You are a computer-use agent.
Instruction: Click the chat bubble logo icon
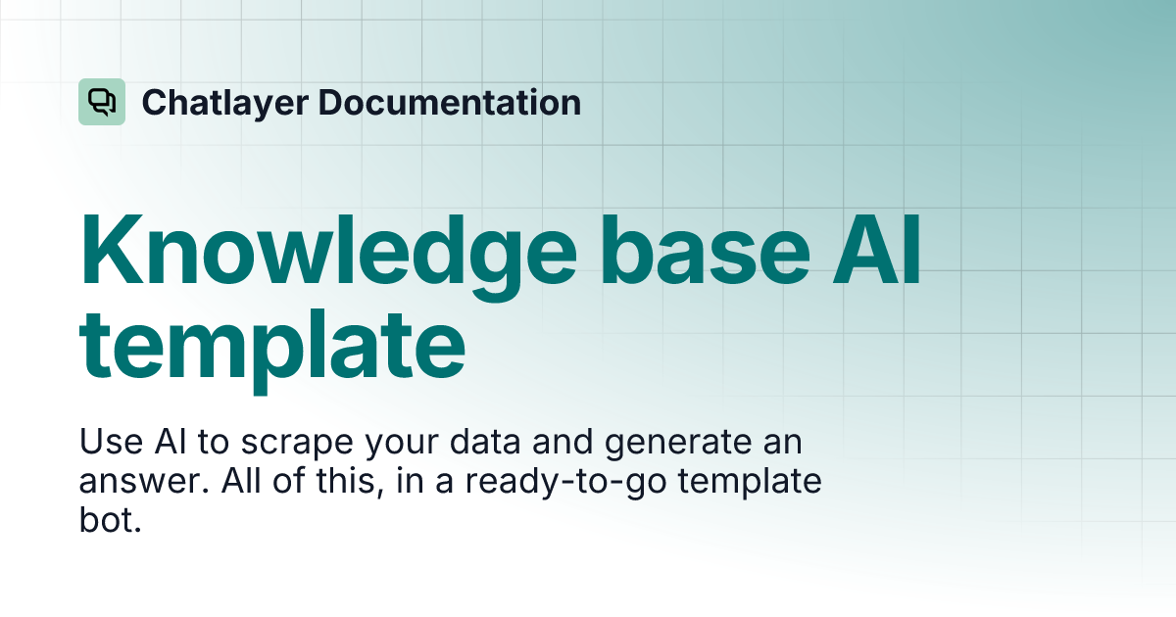(102, 102)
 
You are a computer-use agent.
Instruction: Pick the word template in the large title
(272, 344)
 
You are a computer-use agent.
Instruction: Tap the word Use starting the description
(109, 442)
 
